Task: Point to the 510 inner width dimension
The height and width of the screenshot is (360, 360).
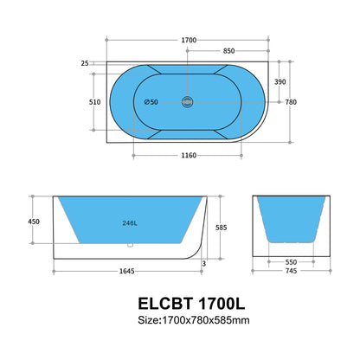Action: [x=83, y=100]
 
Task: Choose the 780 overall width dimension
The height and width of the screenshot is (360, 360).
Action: [x=292, y=101]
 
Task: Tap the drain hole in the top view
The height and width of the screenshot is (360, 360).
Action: [x=188, y=102]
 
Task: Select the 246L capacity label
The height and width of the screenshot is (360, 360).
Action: [x=129, y=222]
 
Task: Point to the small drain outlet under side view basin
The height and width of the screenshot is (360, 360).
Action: [x=129, y=246]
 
